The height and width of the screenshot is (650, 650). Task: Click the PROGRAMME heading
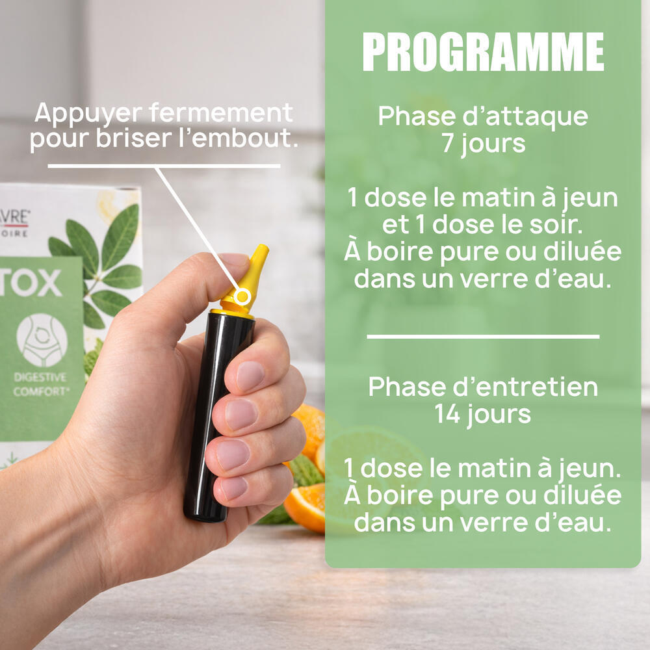(483, 52)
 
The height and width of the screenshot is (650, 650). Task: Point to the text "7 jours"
(483, 144)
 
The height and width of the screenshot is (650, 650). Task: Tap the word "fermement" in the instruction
(221, 112)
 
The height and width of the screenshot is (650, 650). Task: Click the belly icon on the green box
(42, 341)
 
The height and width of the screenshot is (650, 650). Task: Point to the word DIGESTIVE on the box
(40, 377)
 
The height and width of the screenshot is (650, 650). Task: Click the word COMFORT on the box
(40, 392)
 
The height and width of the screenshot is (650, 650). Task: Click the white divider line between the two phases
(483, 337)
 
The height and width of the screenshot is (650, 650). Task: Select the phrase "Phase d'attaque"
(483, 116)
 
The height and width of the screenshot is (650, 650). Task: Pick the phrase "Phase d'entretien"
(483, 387)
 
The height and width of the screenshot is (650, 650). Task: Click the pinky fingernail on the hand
(234, 488)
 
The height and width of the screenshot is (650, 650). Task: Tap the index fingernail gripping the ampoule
(250, 376)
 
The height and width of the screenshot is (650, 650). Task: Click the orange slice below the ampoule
(305, 507)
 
